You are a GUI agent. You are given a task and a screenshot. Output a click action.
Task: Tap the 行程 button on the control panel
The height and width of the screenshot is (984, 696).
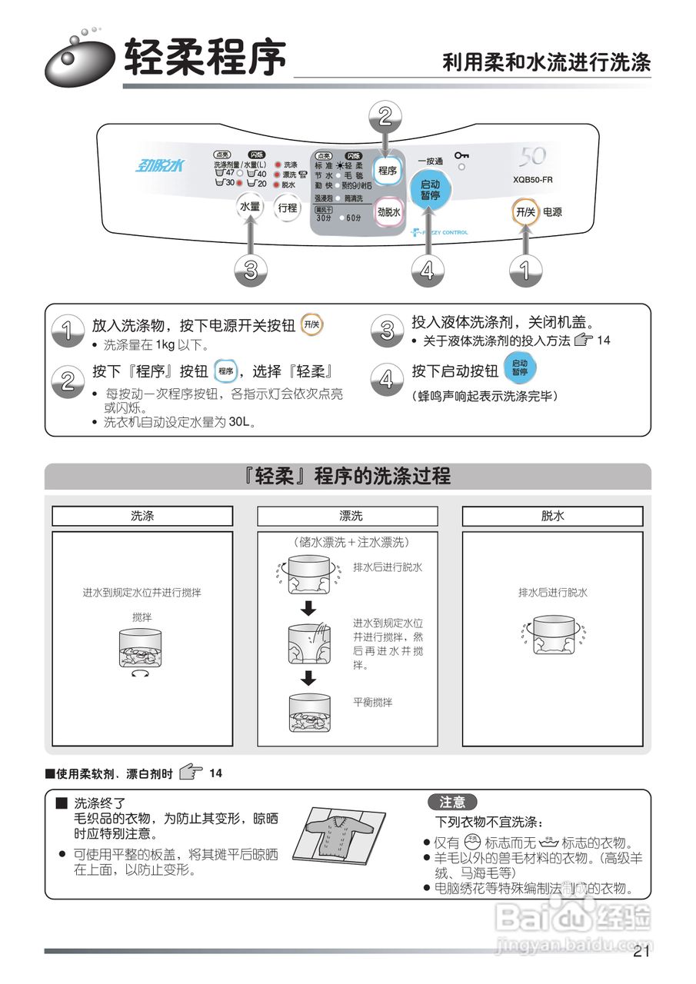287,207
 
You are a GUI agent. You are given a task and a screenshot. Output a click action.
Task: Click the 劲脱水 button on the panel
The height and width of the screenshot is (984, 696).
389,212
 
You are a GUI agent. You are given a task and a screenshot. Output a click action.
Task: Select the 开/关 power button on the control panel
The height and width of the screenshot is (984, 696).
526,211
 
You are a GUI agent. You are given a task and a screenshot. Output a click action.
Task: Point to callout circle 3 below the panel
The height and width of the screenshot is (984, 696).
251,270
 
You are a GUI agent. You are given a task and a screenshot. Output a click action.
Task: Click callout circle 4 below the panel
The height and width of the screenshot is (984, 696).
428,270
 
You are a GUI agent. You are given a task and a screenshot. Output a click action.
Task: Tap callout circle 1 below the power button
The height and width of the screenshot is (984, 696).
526,270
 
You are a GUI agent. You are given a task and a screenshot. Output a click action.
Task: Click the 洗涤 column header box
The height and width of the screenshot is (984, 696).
142,516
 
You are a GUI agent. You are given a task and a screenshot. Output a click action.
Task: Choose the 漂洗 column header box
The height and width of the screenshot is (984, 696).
348,516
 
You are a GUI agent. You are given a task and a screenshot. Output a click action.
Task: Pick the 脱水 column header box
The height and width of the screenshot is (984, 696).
552,516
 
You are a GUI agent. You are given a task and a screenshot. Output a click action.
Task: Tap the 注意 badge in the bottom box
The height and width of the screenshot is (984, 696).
452,803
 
